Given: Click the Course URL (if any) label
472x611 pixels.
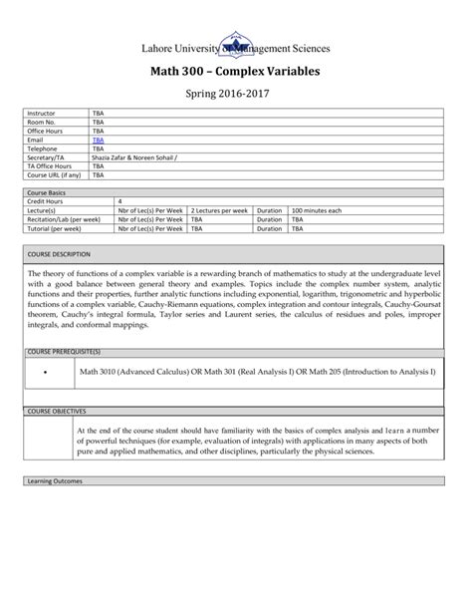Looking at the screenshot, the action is pos(54,173).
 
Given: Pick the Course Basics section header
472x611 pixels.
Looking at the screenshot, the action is pos(47,193).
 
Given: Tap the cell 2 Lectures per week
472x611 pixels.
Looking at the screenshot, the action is pos(219,210).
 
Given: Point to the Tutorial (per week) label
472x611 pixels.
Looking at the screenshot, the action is pos(55,227).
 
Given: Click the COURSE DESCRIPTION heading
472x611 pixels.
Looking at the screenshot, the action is pos(59,255).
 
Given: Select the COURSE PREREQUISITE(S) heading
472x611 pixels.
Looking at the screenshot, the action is pos(65,352).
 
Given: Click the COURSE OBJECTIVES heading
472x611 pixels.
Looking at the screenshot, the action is pos(57,410).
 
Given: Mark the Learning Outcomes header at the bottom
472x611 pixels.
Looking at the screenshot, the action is pos(56,480).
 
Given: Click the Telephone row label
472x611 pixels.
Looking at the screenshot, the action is pos(42,149).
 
